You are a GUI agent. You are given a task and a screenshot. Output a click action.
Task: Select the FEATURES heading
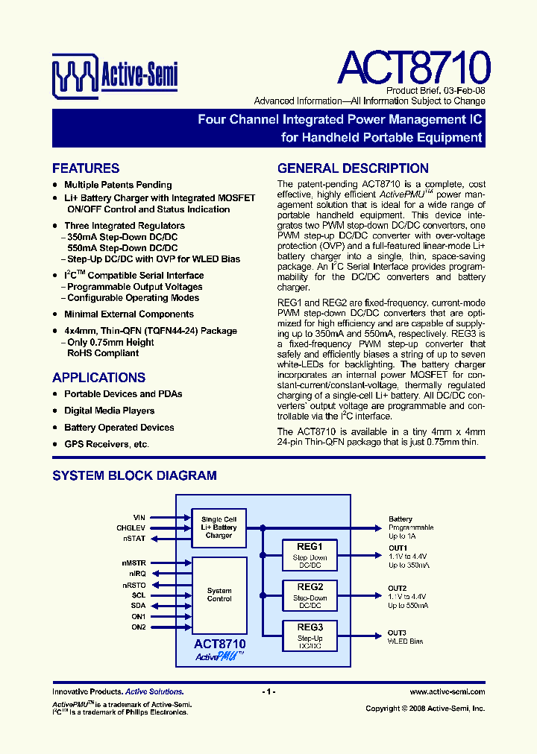[x=86, y=168]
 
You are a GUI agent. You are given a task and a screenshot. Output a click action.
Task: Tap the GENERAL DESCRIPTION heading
[x=353, y=168]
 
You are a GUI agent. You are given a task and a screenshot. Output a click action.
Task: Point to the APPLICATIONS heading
[x=98, y=378]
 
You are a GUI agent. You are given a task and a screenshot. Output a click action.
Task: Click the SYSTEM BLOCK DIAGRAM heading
[x=134, y=475]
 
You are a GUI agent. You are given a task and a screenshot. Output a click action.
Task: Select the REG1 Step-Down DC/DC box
[x=310, y=556]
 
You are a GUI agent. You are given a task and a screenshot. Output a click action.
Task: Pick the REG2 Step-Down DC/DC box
[x=310, y=597]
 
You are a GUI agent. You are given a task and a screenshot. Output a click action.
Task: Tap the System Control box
[x=219, y=594]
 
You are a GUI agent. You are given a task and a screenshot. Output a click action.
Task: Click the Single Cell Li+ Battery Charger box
[x=219, y=528]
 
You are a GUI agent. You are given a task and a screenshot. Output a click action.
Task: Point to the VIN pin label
[x=139, y=517]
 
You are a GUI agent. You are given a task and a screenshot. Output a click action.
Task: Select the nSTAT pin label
[x=135, y=538]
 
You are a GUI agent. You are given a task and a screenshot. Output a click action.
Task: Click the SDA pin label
[x=138, y=606]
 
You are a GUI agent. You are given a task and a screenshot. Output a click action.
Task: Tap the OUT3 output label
[x=397, y=632]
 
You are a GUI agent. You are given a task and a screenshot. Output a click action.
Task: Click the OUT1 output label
[x=398, y=548]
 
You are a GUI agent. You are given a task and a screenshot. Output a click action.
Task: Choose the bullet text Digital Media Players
[x=110, y=411]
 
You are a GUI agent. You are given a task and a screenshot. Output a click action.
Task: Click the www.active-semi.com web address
[x=447, y=692]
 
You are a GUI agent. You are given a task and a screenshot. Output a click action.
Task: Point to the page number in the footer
[x=268, y=692]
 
